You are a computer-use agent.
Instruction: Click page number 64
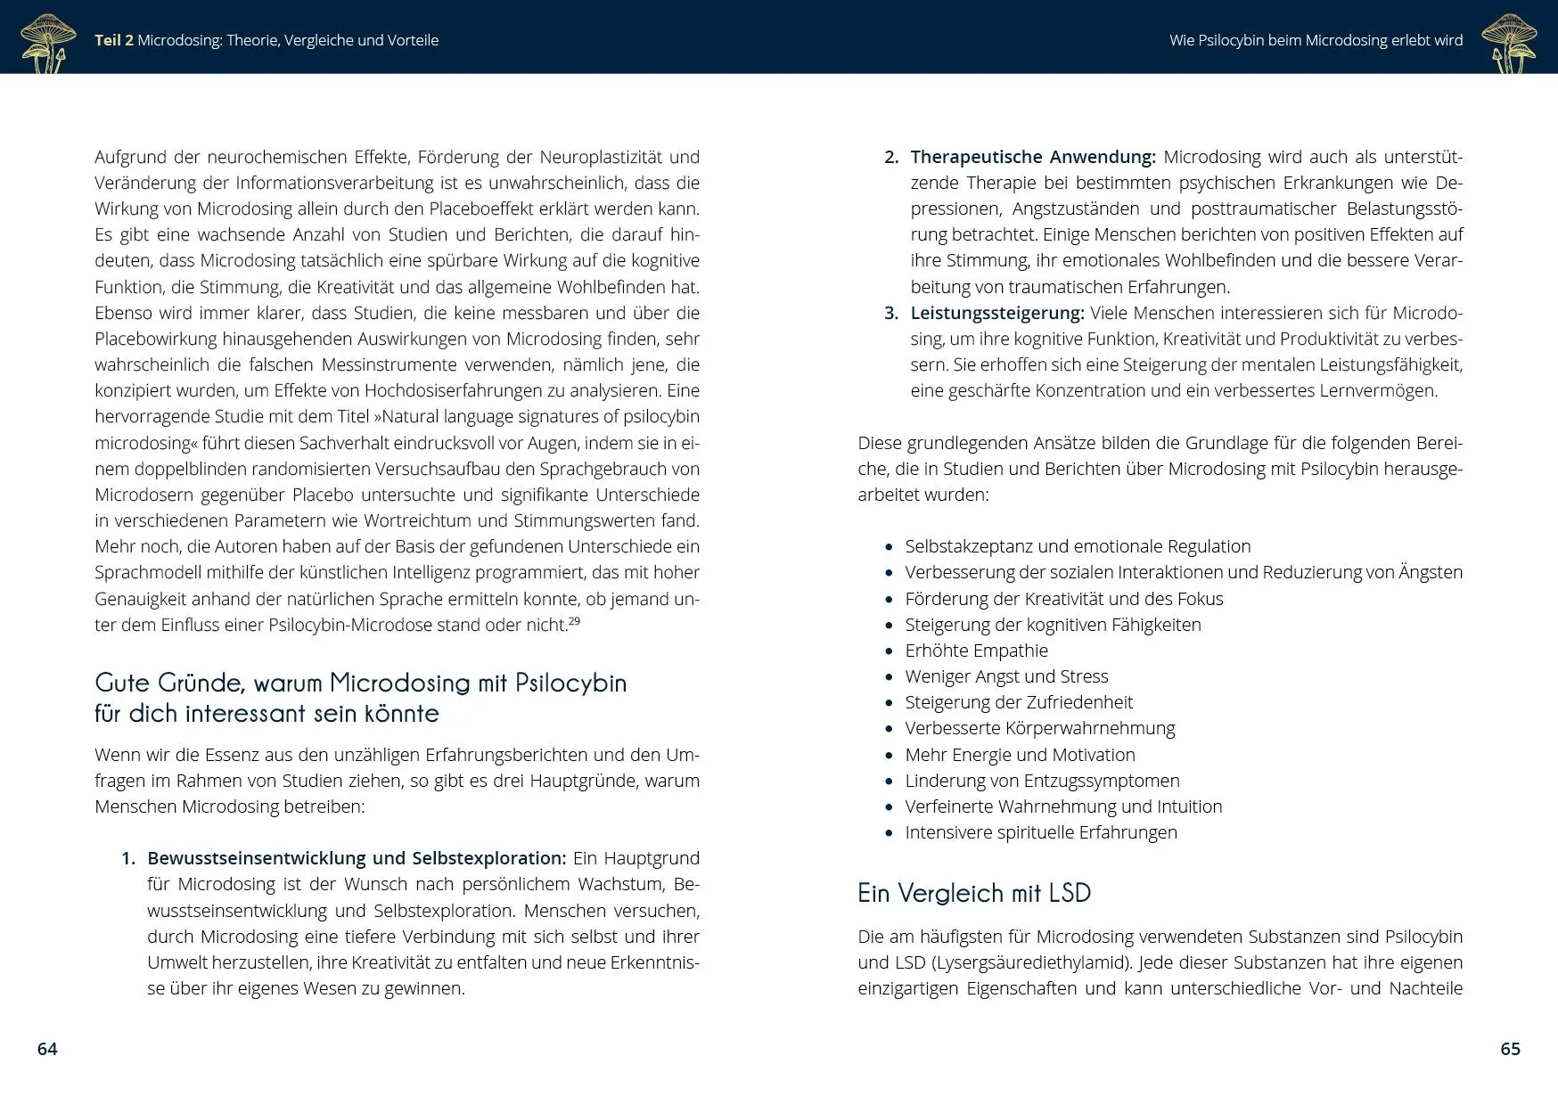(x=47, y=1049)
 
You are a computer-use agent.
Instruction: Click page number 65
(x=1510, y=1049)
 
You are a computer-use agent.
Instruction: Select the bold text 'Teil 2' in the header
(x=114, y=40)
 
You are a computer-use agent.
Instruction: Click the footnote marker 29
(x=574, y=621)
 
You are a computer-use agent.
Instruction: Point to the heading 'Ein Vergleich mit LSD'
(x=973, y=893)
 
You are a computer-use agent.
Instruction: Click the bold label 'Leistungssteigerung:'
(x=997, y=313)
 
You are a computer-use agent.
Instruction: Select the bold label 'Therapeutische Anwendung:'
(x=1032, y=157)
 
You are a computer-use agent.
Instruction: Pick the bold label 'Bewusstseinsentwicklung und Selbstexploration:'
(x=357, y=858)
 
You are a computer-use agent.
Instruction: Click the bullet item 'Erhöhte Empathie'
(x=976, y=651)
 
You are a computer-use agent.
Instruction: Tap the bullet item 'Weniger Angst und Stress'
(x=1006, y=676)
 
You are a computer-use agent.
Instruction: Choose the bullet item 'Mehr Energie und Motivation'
(x=1020, y=755)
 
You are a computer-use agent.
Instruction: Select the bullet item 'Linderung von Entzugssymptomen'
(x=1042, y=781)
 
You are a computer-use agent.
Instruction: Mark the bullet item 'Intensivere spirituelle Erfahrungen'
(x=1041, y=832)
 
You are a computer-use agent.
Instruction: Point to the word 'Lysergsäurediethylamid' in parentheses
(x=1031, y=962)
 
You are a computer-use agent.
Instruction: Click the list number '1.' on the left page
(x=128, y=858)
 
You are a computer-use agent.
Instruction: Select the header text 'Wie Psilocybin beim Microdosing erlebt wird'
(x=1316, y=40)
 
